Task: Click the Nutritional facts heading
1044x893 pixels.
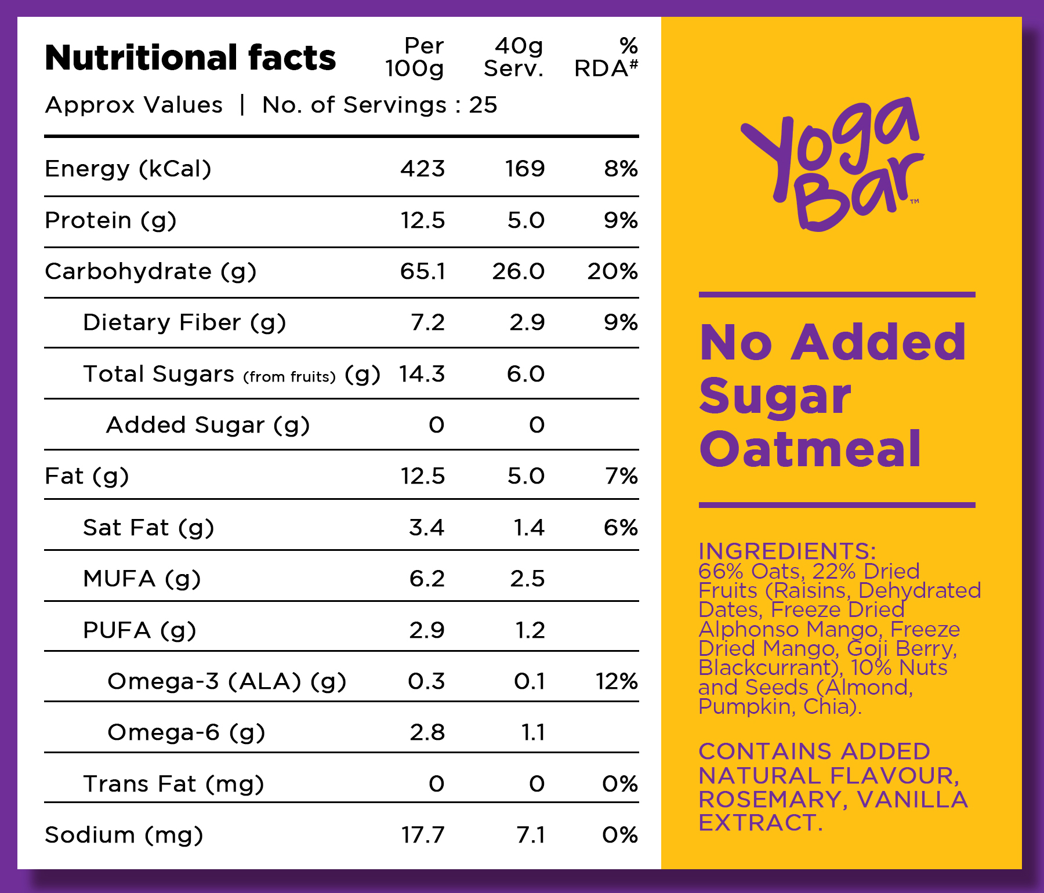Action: pos(190,58)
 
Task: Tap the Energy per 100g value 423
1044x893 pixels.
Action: pos(422,169)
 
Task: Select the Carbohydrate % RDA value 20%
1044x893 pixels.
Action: pos(612,271)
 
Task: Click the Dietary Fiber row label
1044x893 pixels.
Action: pos(184,323)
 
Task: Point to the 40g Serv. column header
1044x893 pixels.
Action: pos(513,57)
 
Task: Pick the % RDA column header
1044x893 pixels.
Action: pos(606,57)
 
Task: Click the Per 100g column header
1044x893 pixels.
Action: pos(415,57)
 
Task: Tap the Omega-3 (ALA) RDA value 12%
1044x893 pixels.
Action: pos(617,681)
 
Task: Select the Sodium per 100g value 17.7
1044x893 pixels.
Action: pos(423,835)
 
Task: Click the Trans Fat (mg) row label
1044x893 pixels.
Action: pos(173,785)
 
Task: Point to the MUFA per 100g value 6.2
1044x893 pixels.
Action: pos(427,579)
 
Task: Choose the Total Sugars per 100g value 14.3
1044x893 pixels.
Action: pos(422,374)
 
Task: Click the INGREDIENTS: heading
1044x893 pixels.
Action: pos(787,551)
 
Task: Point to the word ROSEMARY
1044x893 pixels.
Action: pos(770,800)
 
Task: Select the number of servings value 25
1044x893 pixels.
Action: pos(483,106)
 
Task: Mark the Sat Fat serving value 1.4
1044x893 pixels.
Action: pos(529,528)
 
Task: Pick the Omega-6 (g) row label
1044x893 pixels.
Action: pos(186,733)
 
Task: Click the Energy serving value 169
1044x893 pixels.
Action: pos(525,169)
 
